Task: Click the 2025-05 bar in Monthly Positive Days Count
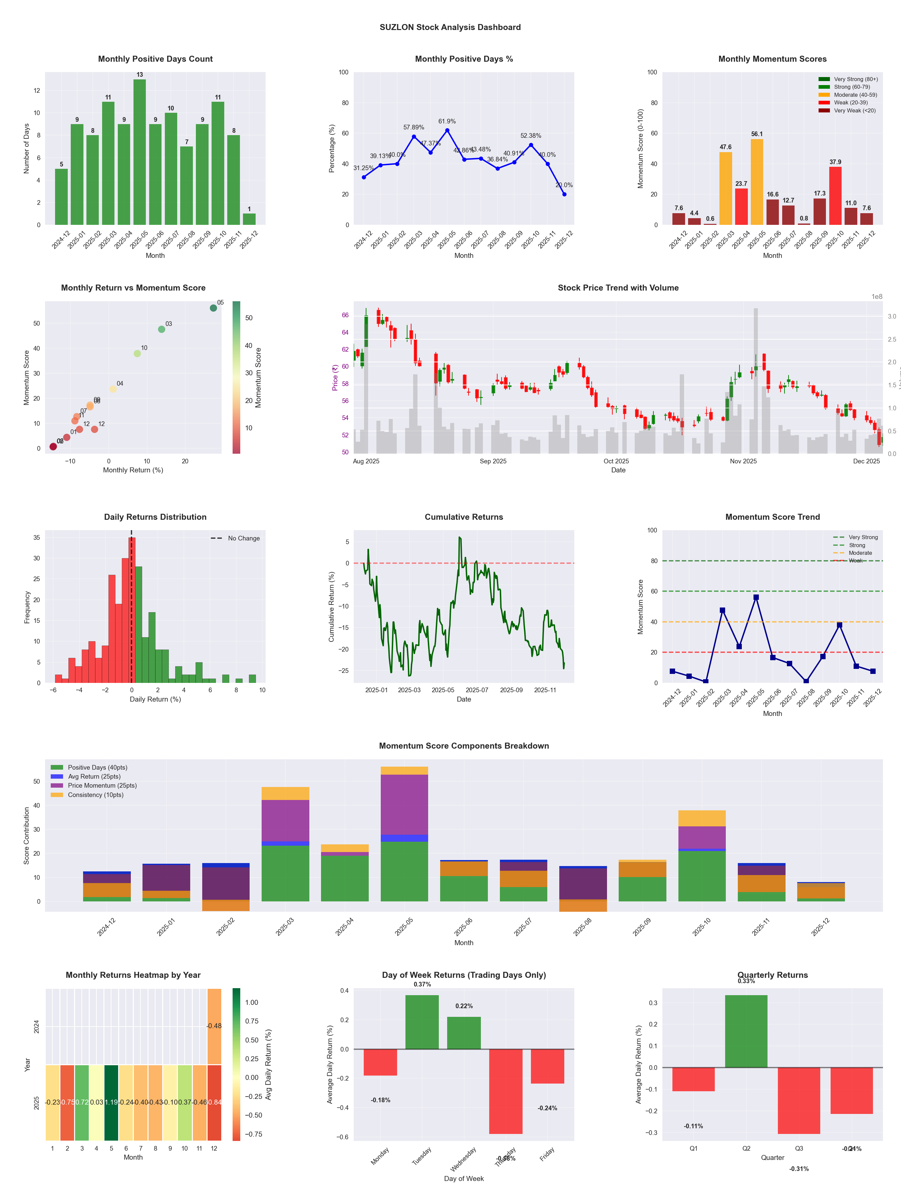139,152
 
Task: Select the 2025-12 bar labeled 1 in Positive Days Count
249,219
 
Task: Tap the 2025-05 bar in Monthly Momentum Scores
757,182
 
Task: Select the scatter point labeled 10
137,353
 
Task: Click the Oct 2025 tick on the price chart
616,461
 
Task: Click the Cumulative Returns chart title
464,517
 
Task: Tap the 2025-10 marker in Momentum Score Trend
840,625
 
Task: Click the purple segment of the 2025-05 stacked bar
404,804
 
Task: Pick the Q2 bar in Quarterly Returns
746,1031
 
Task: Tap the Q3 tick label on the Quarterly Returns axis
799,1148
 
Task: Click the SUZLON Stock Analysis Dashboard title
450,27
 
